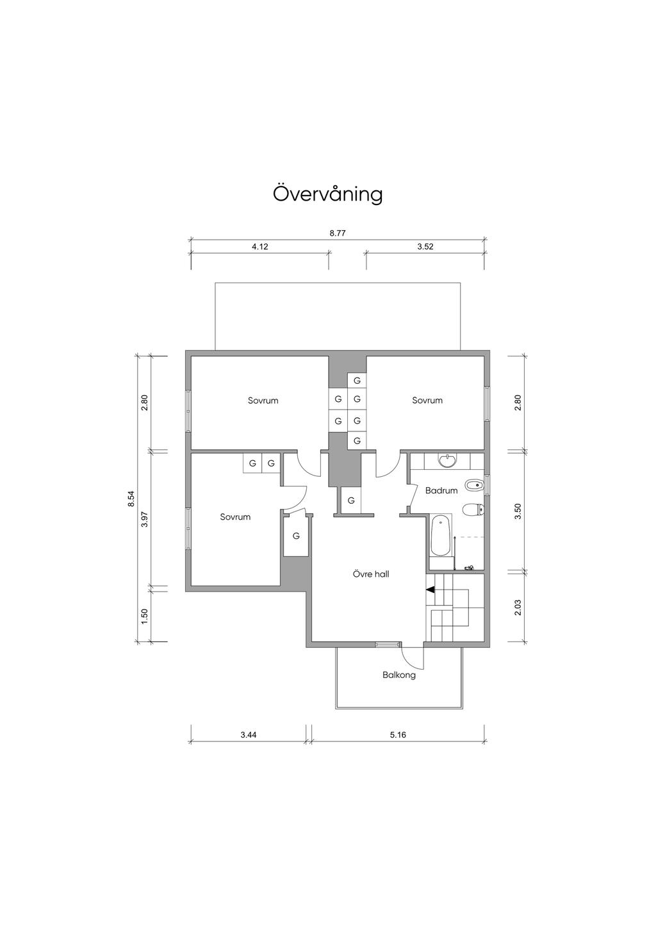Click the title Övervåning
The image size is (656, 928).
click(327, 194)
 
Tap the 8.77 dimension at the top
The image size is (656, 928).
click(338, 233)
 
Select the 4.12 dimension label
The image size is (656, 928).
click(260, 247)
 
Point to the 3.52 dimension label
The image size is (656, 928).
click(425, 247)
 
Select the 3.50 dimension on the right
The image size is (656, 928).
click(518, 511)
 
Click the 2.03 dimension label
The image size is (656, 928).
click(518, 608)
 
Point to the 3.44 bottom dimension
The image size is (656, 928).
click(249, 735)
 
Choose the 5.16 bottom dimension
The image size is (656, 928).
click(398, 735)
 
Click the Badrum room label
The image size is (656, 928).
click(441, 490)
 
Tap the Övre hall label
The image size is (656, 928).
click(371, 574)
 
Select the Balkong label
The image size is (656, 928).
click(399, 675)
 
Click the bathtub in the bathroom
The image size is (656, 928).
click(440, 536)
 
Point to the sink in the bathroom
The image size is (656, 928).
click(447, 461)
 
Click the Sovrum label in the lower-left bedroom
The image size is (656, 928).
click(235, 517)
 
